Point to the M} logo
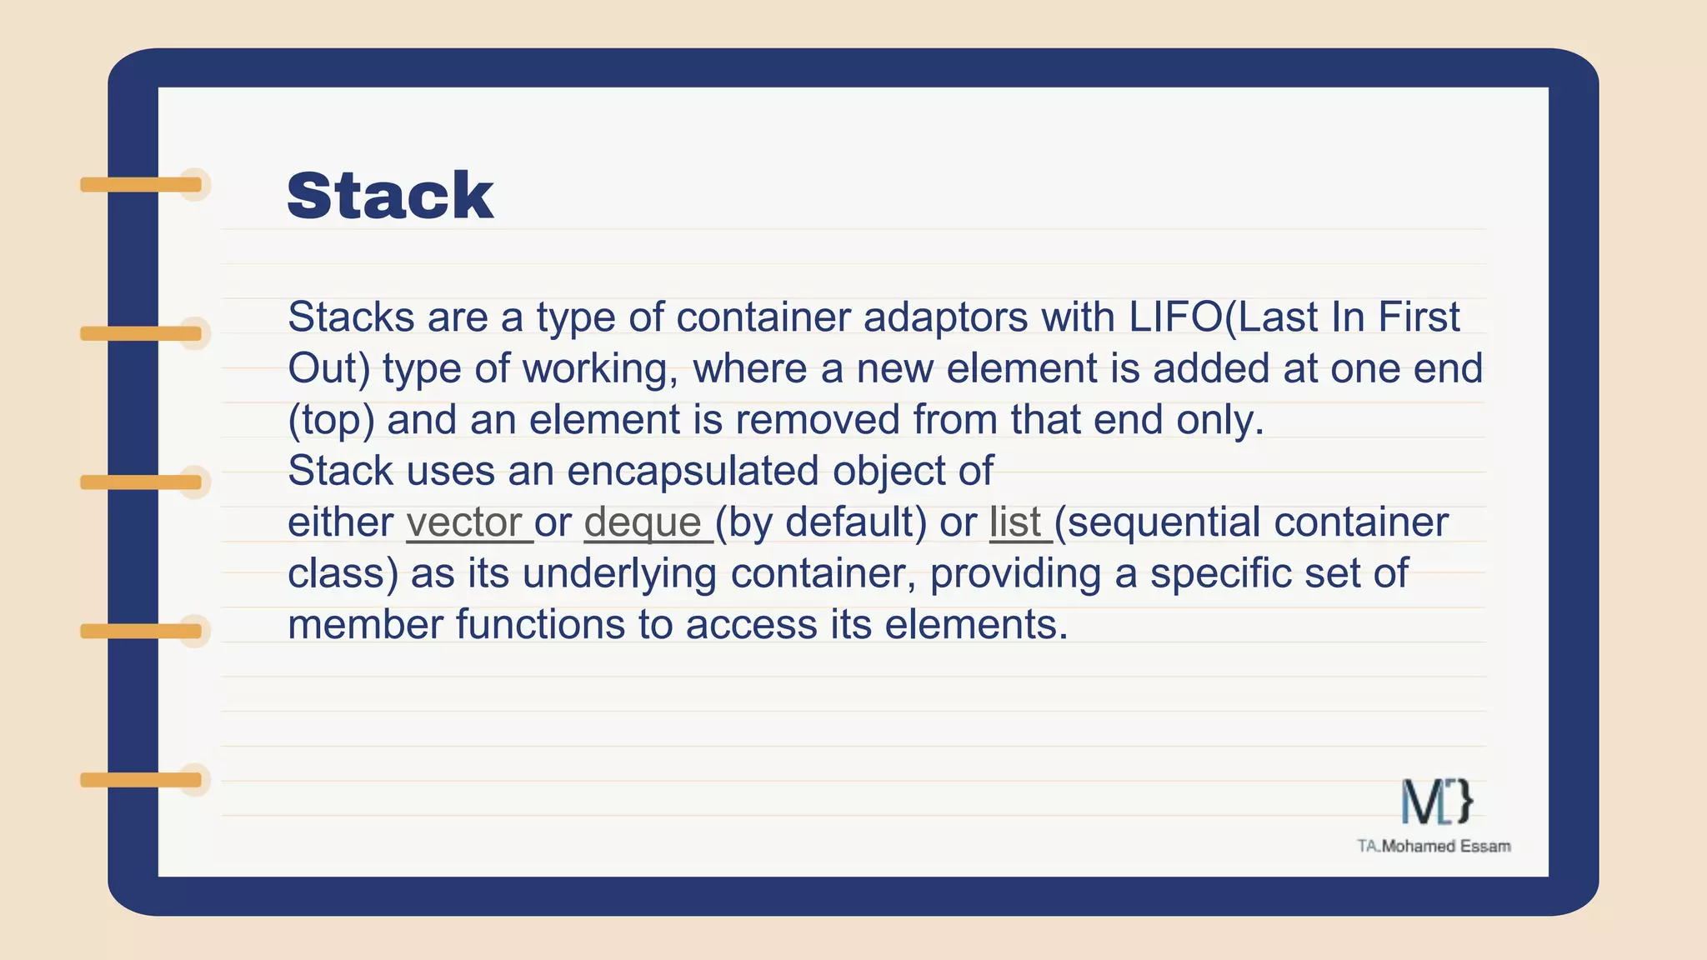click(1436, 802)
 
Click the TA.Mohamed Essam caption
click(1434, 847)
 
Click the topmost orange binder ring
click(142, 184)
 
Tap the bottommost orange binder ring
click(142, 780)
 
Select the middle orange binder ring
click(142, 482)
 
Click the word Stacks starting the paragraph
click(351, 317)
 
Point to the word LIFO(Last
click(1223, 317)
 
